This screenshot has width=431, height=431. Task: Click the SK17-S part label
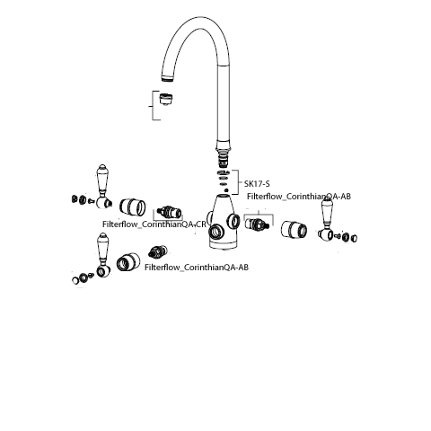point(257,183)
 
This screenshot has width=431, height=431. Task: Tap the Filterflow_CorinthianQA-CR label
point(154,224)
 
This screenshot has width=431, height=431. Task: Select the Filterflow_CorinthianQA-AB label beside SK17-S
point(299,197)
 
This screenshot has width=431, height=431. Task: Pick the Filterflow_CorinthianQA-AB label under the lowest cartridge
point(197,268)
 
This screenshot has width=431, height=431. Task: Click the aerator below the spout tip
point(165,99)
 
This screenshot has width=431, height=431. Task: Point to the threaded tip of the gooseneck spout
point(168,78)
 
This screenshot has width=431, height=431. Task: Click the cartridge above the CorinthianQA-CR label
point(170,212)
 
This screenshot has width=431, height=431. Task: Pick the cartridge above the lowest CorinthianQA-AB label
point(158,251)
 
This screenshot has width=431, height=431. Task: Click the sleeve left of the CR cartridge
point(133,207)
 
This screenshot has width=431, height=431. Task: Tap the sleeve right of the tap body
point(294,230)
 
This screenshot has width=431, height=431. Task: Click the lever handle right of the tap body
point(327,220)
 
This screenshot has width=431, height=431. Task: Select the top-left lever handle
point(103,186)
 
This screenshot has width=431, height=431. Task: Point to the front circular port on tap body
point(215,232)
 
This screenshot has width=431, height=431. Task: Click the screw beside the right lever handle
point(338,235)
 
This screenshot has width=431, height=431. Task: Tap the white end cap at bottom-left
point(75,280)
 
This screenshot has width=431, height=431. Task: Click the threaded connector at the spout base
point(224,160)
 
